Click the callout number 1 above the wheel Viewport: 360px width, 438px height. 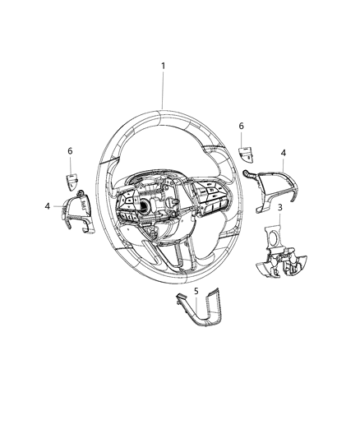tap(163, 66)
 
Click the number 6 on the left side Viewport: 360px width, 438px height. tap(71, 152)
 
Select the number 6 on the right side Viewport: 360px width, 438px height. tap(241, 126)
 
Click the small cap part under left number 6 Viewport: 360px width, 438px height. tap(72, 178)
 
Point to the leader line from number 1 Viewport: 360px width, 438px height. tap(163, 90)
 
